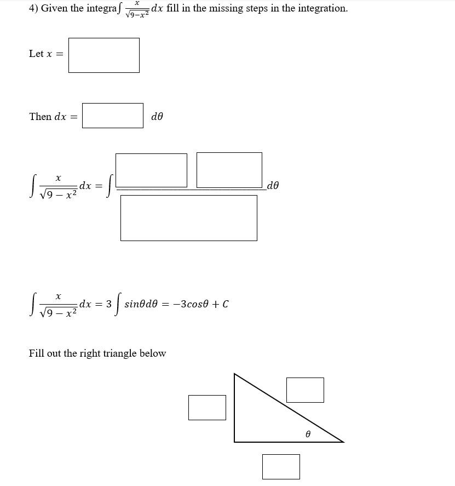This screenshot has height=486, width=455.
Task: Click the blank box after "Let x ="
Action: coord(103,55)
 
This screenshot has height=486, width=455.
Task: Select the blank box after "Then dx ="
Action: coord(112,116)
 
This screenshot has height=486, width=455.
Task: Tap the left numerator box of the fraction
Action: coord(151,170)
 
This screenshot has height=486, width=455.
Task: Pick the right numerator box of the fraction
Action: coord(229,170)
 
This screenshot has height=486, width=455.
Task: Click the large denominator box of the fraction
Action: coord(188,218)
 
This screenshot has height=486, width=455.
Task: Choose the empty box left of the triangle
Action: coord(207,408)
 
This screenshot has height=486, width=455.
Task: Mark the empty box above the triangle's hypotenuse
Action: coord(305,390)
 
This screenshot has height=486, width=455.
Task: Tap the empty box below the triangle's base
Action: coord(281,467)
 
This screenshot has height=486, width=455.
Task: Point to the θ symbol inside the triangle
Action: coord(308,434)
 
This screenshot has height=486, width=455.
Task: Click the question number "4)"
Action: coord(33,9)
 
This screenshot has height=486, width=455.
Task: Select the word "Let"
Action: coord(36,54)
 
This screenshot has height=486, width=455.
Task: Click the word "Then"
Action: coord(40,117)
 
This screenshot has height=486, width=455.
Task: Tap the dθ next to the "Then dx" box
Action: coord(157,117)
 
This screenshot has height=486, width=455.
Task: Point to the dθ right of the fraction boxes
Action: coord(273,186)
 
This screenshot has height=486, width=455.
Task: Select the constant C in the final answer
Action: coord(226,304)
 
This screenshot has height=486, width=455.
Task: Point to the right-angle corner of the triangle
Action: coord(235,441)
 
